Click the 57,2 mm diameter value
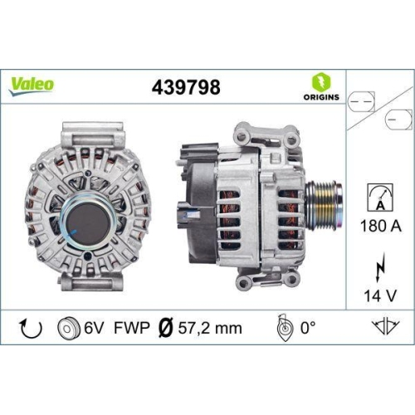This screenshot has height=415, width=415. [212, 328]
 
